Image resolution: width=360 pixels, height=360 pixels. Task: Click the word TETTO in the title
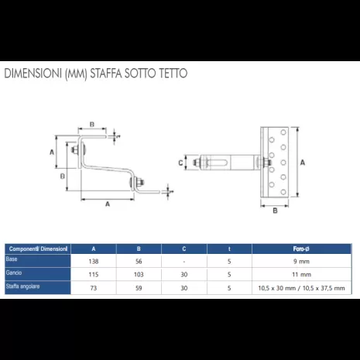[x=170, y=74]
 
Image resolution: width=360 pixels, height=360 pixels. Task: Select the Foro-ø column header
[x=303, y=248]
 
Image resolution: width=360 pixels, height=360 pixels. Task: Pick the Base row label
[x=12, y=259]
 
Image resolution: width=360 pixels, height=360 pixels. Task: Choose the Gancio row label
[x=14, y=273]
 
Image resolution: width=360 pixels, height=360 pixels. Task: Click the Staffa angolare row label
[x=23, y=286]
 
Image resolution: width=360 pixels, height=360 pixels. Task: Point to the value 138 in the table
[x=93, y=261]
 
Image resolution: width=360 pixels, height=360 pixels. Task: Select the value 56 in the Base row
[x=138, y=261]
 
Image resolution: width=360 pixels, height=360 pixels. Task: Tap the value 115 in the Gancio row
[x=93, y=274]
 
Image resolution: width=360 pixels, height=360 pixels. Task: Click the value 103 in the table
[x=138, y=274]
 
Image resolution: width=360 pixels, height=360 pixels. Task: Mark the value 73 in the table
[x=93, y=288]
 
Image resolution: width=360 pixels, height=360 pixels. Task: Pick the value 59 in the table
[x=138, y=288]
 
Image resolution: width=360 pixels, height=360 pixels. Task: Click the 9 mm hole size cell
[x=303, y=261]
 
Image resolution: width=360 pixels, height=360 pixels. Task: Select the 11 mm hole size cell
[x=303, y=274]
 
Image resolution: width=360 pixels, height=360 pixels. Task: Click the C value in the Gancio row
[x=183, y=274]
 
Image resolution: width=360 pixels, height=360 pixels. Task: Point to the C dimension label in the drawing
[x=180, y=163]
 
